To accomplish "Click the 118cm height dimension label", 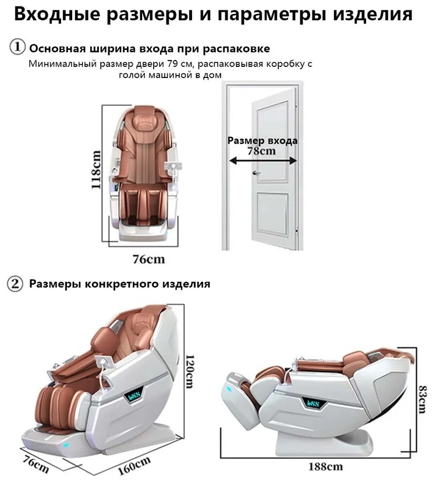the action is (96, 169).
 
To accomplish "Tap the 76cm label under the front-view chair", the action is (149, 260).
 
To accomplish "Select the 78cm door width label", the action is (262, 151).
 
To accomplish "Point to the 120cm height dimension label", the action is (190, 371).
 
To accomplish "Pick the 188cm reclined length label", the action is (325, 467).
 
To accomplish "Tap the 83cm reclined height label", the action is (422, 399).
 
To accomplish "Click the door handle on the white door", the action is (256, 173).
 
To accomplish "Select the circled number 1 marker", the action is (17, 48).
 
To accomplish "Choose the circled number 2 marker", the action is (15, 283).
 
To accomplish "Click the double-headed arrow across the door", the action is (263, 160).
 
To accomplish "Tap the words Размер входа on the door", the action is (262, 140).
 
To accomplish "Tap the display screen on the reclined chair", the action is (312, 403).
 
